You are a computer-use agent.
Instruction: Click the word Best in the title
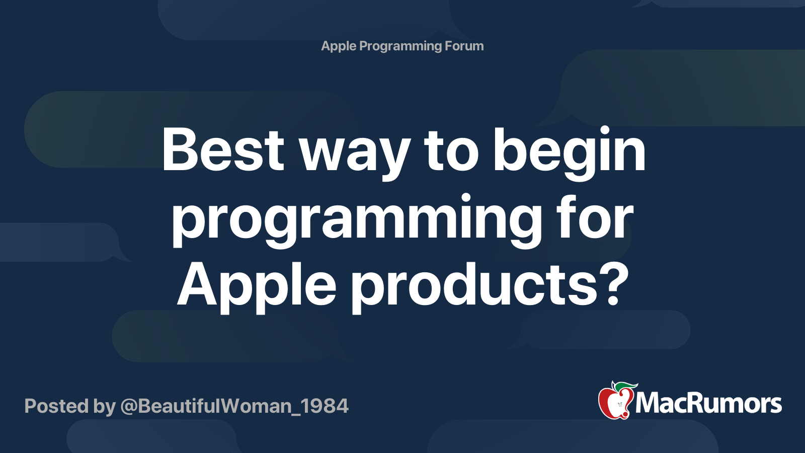[223, 150]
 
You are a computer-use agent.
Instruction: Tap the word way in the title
[354, 154]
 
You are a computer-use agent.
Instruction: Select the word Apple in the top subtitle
[339, 46]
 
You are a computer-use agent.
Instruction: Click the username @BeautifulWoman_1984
[234, 406]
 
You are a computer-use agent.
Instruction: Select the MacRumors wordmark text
[708, 403]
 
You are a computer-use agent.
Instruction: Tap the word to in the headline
[451, 150]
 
